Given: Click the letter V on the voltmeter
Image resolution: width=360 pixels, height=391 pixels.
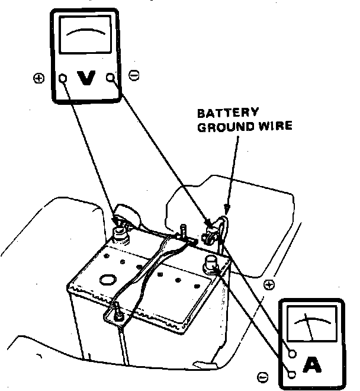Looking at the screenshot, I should tap(87, 78).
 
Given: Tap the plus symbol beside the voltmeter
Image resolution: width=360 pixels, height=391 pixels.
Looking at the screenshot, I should tap(39, 78).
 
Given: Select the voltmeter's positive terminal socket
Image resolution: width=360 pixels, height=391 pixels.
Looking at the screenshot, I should tap(63, 77).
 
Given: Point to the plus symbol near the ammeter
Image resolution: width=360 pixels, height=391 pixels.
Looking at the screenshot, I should tap(269, 285).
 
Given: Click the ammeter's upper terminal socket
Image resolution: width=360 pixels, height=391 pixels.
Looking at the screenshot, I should tap(292, 354).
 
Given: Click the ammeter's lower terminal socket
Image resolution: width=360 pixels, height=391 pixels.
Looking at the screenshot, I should tap(292, 374).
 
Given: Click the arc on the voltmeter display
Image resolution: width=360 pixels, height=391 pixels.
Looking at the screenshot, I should tap(86, 31).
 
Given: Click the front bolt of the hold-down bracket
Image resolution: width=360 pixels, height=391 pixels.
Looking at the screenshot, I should tap(117, 310).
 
